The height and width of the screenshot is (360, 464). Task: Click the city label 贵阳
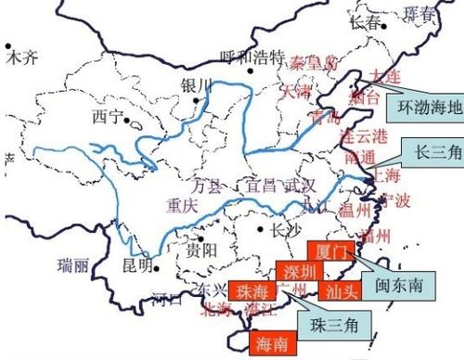point(200,249)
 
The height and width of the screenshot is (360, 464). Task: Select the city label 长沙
point(279,230)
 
